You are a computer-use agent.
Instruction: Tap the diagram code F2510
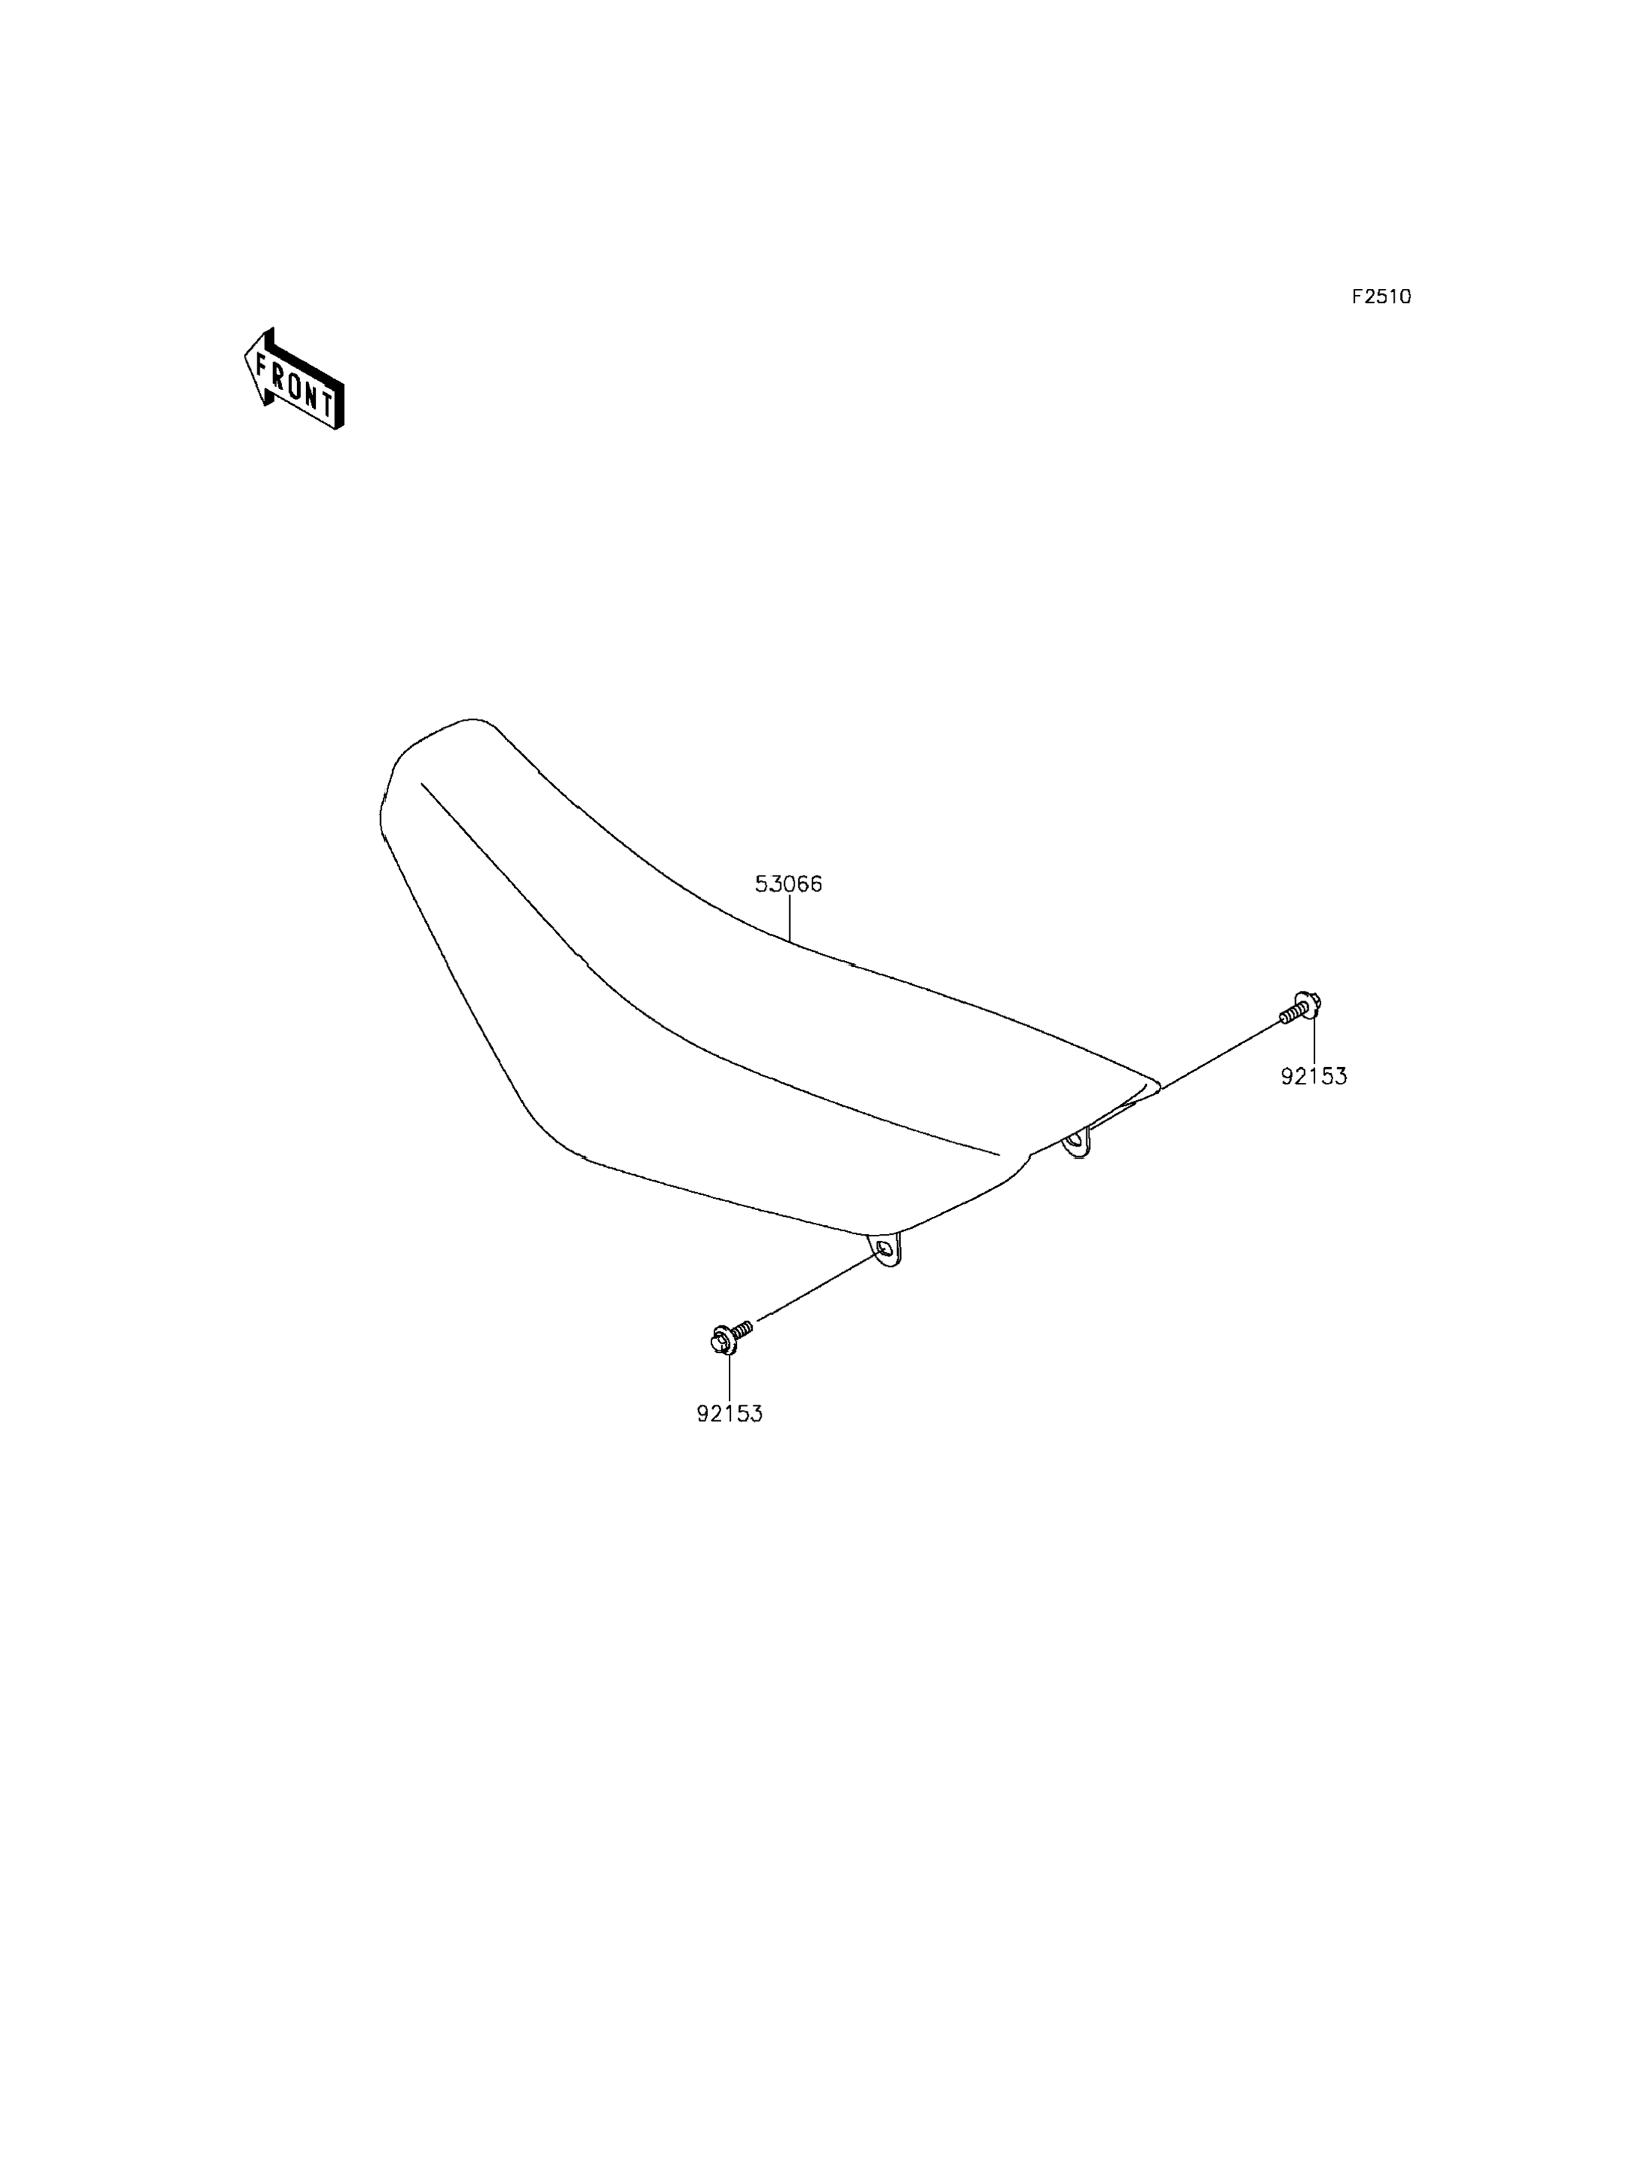point(1380,297)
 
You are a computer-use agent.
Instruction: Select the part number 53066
point(789,885)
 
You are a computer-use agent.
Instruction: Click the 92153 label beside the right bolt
point(1314,1076)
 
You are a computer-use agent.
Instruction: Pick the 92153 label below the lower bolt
point(729,1414)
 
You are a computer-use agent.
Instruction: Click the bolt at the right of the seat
point(1300,1007)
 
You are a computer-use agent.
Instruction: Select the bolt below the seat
point(729,1336)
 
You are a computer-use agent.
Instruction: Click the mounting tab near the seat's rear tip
point(1079,1142)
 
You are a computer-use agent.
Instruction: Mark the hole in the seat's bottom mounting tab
point(884,1248)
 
